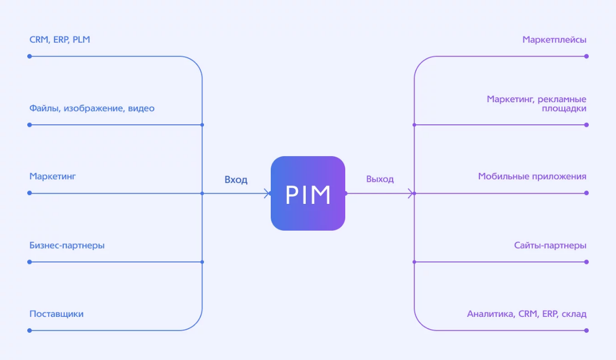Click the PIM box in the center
pyautogui.click(x=308, y=193)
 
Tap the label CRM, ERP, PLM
pyautogui.click(x=60, y=40)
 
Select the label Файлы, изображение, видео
pyautogui.click(x=92, y=108)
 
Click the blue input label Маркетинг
pyautogui.click(x=52, y=177)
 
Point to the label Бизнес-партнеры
pyautogui.click(x=67, y=245)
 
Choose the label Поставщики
pyautogui.click(x=57, y=314)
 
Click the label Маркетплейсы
pyautogui.click(x=554, y=40)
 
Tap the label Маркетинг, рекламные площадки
pyautogui.click(x=537, y=104)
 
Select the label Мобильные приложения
pyautogui.click(x=532, y=177)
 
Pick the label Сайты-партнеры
pyautogui.click(x=550, y=245)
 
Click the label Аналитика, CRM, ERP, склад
pyautogui.click(x=527, y=314)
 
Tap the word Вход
pyautogui.click(x=236, y=180)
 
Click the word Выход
pyautogui.click(x=380, y=179)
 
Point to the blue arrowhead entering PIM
pyautogui.click(x=268, y=193)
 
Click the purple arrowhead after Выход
pyautogui.click(x=411, y=193)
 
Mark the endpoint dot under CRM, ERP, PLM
pyautogui.click(x=29, y=56)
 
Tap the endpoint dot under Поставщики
pyautogui.click(x=29, y=331)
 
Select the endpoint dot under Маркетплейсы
pyautogui.click(x=587, y=56)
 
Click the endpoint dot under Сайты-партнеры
pyautogui.click(x=587, y=262)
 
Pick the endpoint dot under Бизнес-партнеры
pyautogui.click(x=29, y=262)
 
